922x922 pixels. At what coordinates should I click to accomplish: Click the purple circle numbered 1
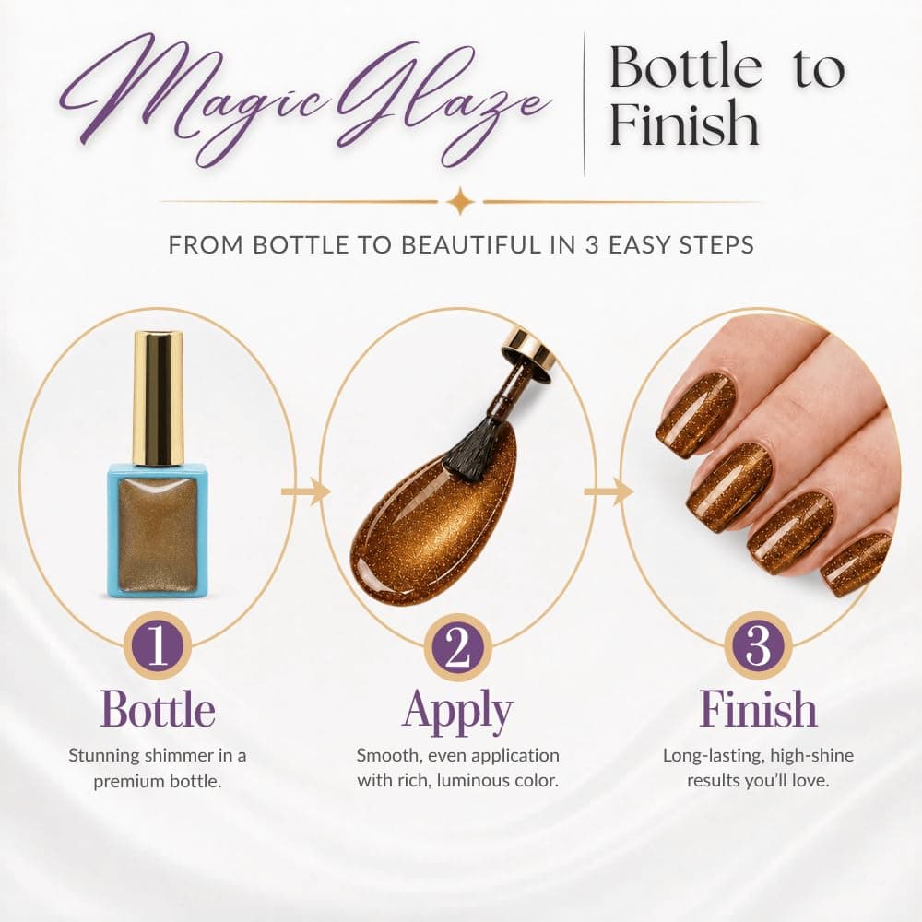click(158, 646)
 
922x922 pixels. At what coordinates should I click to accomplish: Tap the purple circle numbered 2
click(458, 646)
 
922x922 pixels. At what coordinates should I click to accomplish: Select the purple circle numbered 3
click(758, 645)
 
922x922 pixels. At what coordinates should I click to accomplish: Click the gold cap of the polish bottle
click(158, 398)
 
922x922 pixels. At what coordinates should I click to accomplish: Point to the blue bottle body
click(158, 530)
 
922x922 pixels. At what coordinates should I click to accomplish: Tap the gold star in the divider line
click(460, 202)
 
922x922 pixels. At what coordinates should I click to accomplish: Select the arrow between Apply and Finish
click(608, 491)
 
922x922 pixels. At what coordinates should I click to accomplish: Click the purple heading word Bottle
click(158, 709)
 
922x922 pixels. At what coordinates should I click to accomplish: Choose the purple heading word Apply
click(458, 712)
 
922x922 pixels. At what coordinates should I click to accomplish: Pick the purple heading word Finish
click(758, 708)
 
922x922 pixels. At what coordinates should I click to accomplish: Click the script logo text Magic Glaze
click(306, 99)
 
